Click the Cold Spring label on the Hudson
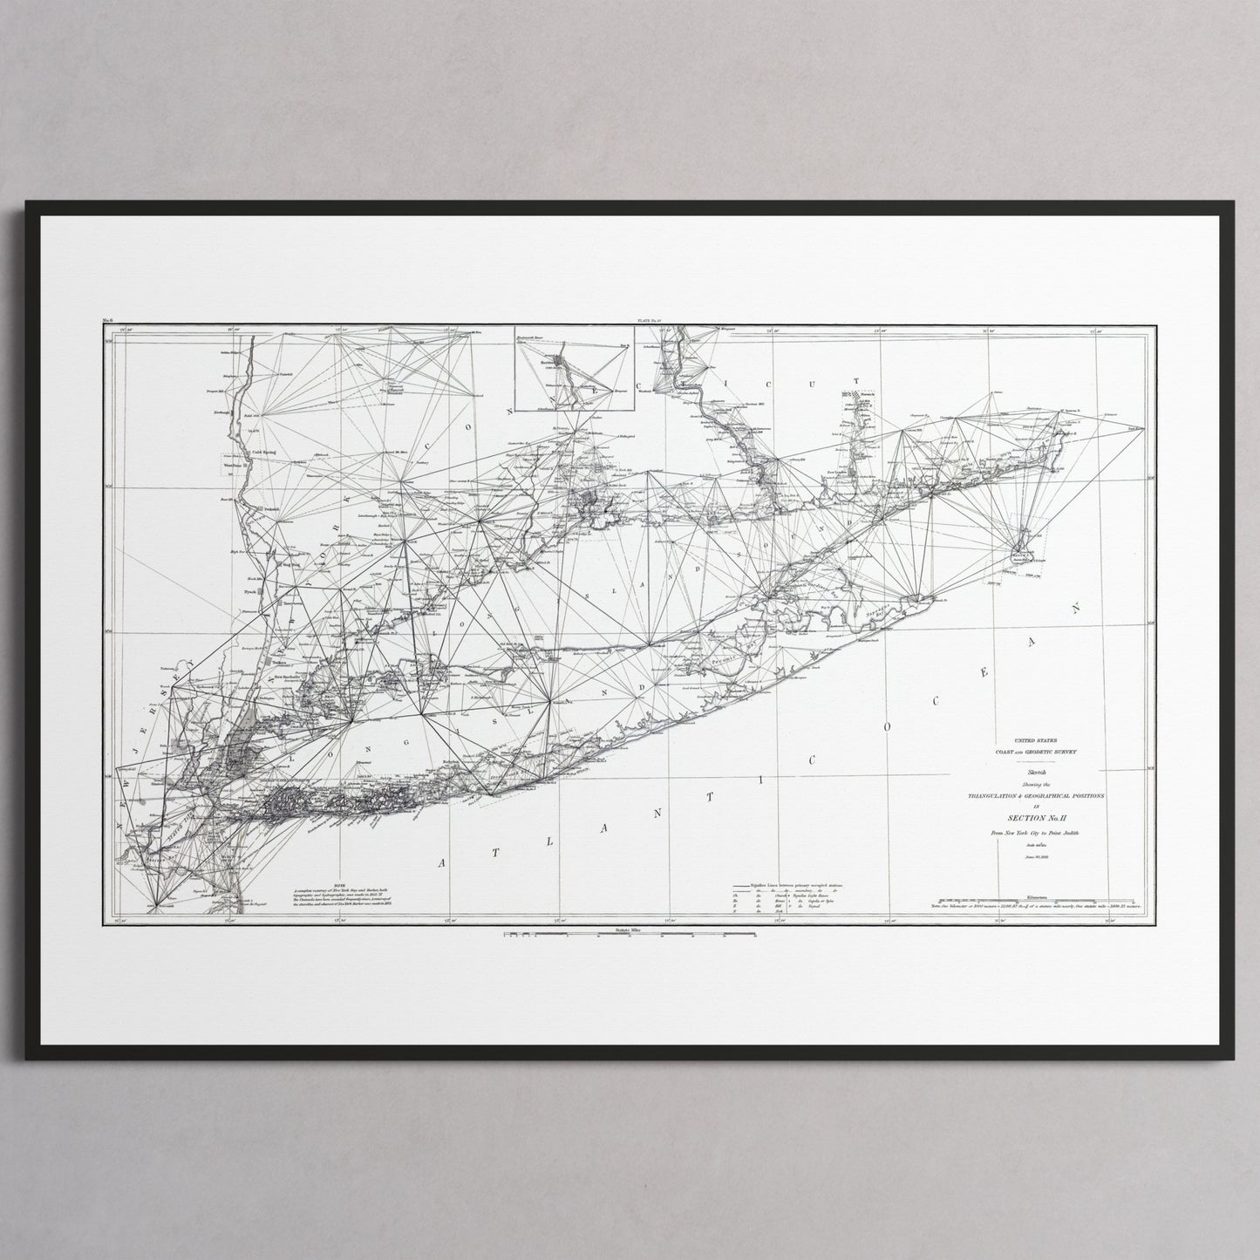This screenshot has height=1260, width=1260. (x=266, y=453)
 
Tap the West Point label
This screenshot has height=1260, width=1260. (x=236, y=466)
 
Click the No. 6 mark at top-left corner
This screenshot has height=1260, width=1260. (x=109, y=322)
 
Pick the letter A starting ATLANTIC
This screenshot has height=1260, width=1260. (x=442, y=862)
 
